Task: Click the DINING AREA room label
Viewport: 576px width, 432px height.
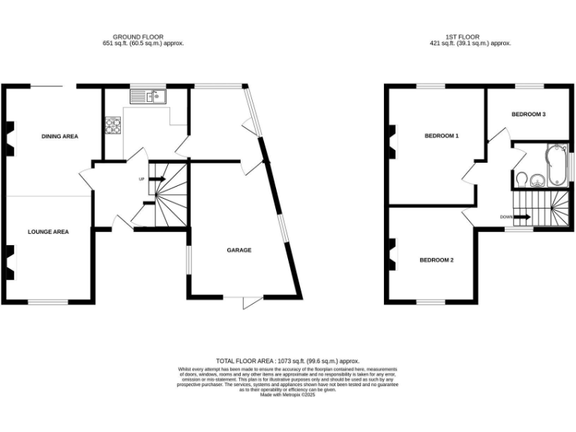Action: (x=59, y=136)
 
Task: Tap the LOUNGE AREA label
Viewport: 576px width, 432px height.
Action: (x=48, y=232)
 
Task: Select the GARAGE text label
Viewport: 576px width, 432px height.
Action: (x=239, y=250)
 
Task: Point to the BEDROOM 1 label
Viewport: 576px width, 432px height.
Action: (x=441, y=136)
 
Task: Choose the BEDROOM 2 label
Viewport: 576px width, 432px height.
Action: (x=436, y=259)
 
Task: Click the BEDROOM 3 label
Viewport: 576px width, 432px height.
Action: (x=528, y=114)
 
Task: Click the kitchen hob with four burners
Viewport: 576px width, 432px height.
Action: (x=114, y=125)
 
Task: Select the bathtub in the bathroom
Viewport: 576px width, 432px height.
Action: (x=556, y=166)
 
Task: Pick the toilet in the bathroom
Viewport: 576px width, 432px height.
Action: (x=523, y=179)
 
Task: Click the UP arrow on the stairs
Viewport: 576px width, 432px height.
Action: (x=156, y=179)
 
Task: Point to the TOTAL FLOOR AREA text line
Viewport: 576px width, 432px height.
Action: (x=288, y=361)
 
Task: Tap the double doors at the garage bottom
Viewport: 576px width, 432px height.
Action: (x=251, y=301)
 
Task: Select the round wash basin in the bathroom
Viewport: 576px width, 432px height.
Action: (x=537, y=179)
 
